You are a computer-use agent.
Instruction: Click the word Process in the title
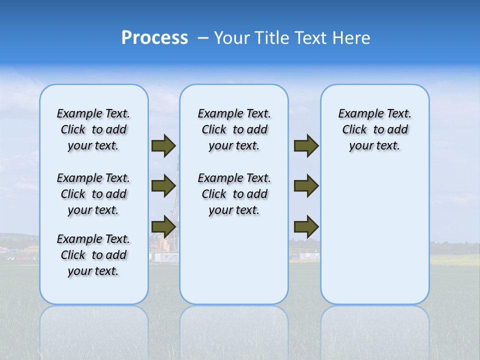click(154, 37)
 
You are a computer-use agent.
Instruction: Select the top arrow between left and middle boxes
click(163, 145)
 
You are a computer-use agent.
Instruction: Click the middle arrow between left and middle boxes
click(163, 186)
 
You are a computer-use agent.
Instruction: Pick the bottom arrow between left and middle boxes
click(163, 227)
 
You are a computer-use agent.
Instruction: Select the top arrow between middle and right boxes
click(306, 145)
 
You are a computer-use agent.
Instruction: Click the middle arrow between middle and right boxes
click(306, 186)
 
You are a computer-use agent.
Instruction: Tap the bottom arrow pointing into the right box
click(306, 227)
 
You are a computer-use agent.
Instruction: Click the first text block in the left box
click(93, 129)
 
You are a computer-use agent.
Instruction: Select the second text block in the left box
click(93, 194)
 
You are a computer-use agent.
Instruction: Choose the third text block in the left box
click(93, 255)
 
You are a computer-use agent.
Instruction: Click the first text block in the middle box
click(234, 129)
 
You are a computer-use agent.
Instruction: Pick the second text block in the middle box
click(234, 194)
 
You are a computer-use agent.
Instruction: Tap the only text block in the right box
click(375, 129)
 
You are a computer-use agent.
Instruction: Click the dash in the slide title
click(203, 38)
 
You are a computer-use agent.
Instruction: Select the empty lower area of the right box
click(375, 240)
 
